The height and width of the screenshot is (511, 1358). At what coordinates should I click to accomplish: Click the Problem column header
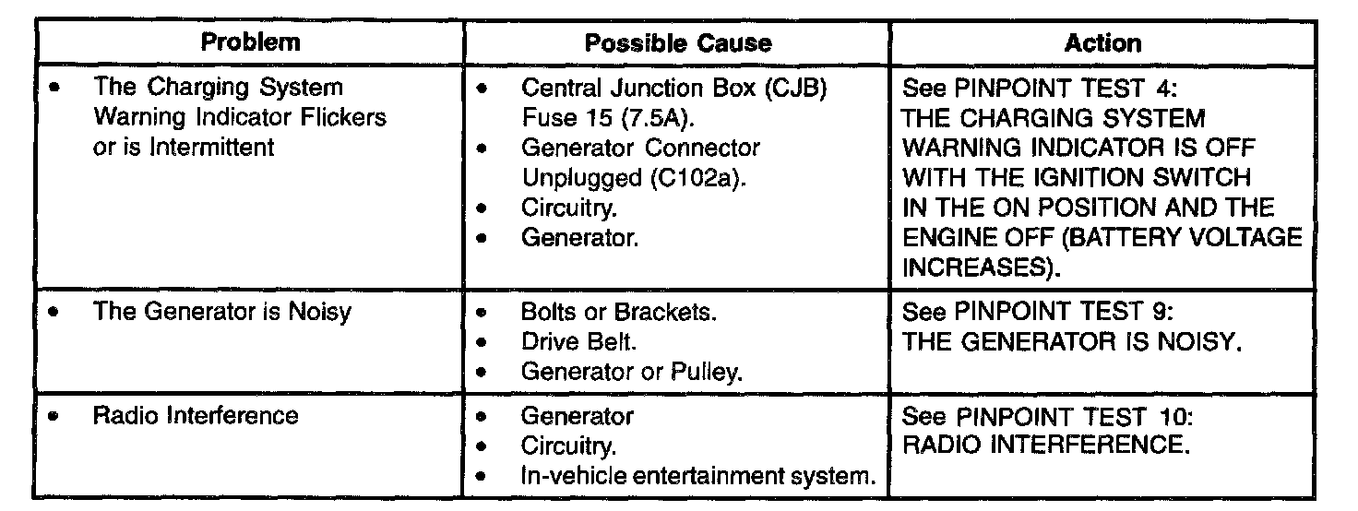pos(250,42)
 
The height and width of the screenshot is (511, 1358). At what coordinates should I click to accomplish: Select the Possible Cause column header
pos(678,43)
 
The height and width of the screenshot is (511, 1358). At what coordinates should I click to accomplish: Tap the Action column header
pos(1102,43)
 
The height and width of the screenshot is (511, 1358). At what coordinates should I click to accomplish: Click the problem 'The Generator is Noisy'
pos(222,312)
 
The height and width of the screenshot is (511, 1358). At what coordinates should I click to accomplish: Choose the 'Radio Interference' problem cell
pos(196,416)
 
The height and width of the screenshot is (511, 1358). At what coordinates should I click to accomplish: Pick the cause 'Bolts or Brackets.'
pos(618,312)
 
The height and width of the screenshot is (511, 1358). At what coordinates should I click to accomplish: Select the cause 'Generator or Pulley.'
pos(632,372)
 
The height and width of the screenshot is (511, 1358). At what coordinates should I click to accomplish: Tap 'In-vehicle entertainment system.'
pos(697,476)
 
